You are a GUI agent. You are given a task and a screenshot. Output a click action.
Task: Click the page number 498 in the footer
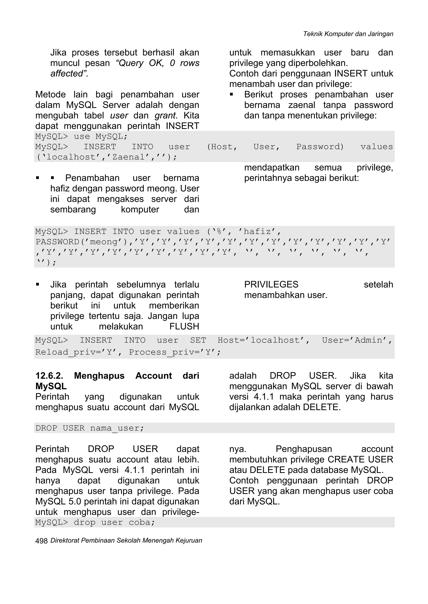(x=41, y=541)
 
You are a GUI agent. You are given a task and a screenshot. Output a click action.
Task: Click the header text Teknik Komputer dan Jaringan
(x=348, y=34)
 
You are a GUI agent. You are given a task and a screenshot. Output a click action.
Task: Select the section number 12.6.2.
(x=49, y=376)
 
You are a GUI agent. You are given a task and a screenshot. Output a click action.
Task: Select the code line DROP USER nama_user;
(x=90, y=428)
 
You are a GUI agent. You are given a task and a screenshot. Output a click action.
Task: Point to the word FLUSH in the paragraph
(x=184, y=327)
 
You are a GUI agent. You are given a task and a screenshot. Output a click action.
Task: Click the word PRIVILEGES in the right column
(x=271, y=285)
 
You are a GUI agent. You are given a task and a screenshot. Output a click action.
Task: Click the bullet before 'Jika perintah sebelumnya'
(x=38, y=285)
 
